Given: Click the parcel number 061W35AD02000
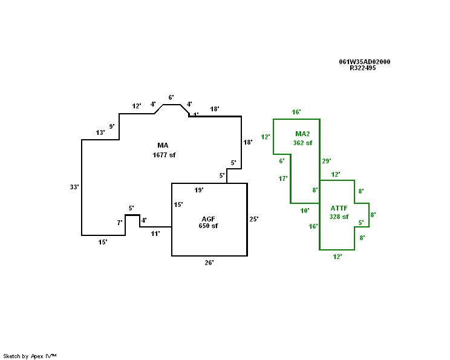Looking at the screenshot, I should tap(364, 62).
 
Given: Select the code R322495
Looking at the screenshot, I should tap(363, 68).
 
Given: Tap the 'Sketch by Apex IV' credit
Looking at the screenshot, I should tap(30, 356).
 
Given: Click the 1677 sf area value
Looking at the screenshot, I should tap(163, 155).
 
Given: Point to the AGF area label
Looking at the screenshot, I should tap(208, 218).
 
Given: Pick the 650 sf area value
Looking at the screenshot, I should tap(208, 226).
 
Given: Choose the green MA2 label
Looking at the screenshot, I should tap(303, 134).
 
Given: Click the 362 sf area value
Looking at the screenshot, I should tap(303, 143).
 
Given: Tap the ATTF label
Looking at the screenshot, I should tap(339, 208).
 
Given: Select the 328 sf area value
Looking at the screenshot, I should tap(339, 217).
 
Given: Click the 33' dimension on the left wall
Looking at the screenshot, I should tap(74, 187).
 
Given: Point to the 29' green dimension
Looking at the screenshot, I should tap(327, 161).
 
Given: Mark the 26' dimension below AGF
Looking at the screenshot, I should tap(209, 263).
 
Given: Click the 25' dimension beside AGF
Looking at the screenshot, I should tap(253, 218).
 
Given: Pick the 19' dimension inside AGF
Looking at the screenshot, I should tap(198, 190).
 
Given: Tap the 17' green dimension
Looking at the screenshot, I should tap(282, 178).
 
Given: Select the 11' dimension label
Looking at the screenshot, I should tap(155, 233).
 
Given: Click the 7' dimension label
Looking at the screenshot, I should tap(120, 223).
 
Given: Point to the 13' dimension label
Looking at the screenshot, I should tap(100, 133).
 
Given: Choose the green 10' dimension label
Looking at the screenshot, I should tap(305, 211).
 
